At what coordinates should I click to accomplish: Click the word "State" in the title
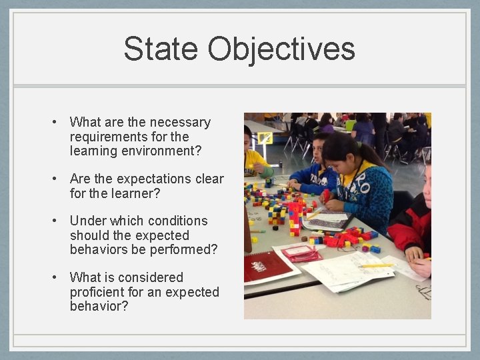pyautogui.click(x=161, y=49)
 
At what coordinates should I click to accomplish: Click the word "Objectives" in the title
pyautogui.click(x=281, y=49)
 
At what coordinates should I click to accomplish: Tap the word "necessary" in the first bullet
pyautogui.click(x=180, y=122)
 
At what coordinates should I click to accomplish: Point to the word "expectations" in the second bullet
pyautogui.click(x=149, y=179)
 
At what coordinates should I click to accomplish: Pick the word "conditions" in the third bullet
pyautogui.click(x=177, y=221)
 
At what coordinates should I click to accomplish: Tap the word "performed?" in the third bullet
pyautogui.click(x=185, y=250)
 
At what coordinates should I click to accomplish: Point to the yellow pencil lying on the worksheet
pyautogui.click(x=377, y=265)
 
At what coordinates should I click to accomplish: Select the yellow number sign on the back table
pyautogui.click(x=265, y=139)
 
